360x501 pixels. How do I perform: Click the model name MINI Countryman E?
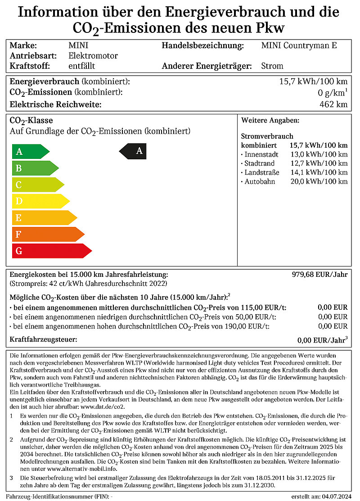(299, 45)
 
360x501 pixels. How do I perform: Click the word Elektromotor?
(93, 56)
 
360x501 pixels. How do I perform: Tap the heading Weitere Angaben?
(270, 121)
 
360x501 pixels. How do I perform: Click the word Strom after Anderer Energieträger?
(272, 66)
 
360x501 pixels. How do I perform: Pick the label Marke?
(23, 45)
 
